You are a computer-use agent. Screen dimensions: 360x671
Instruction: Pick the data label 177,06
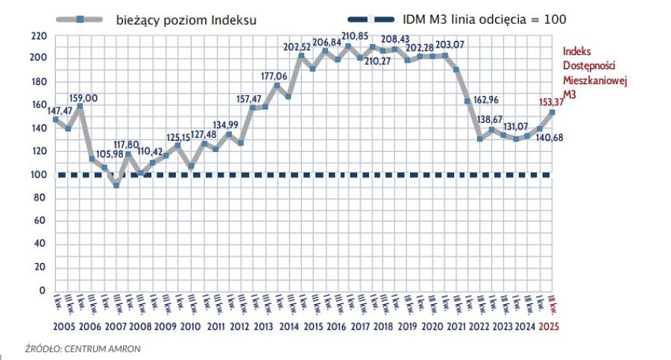coord(276,76)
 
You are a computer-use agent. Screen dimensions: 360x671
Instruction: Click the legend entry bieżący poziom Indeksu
coord(186,20)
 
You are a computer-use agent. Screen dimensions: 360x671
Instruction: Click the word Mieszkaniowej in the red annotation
coord(595,81)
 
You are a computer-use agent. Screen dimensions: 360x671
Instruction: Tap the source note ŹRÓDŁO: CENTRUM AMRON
coord(82,347)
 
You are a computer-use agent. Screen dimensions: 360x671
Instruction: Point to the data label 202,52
coord(301,47)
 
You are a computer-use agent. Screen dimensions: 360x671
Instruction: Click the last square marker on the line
coord(552,112)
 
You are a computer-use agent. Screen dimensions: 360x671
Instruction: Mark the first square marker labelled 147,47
coord(55,119)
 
